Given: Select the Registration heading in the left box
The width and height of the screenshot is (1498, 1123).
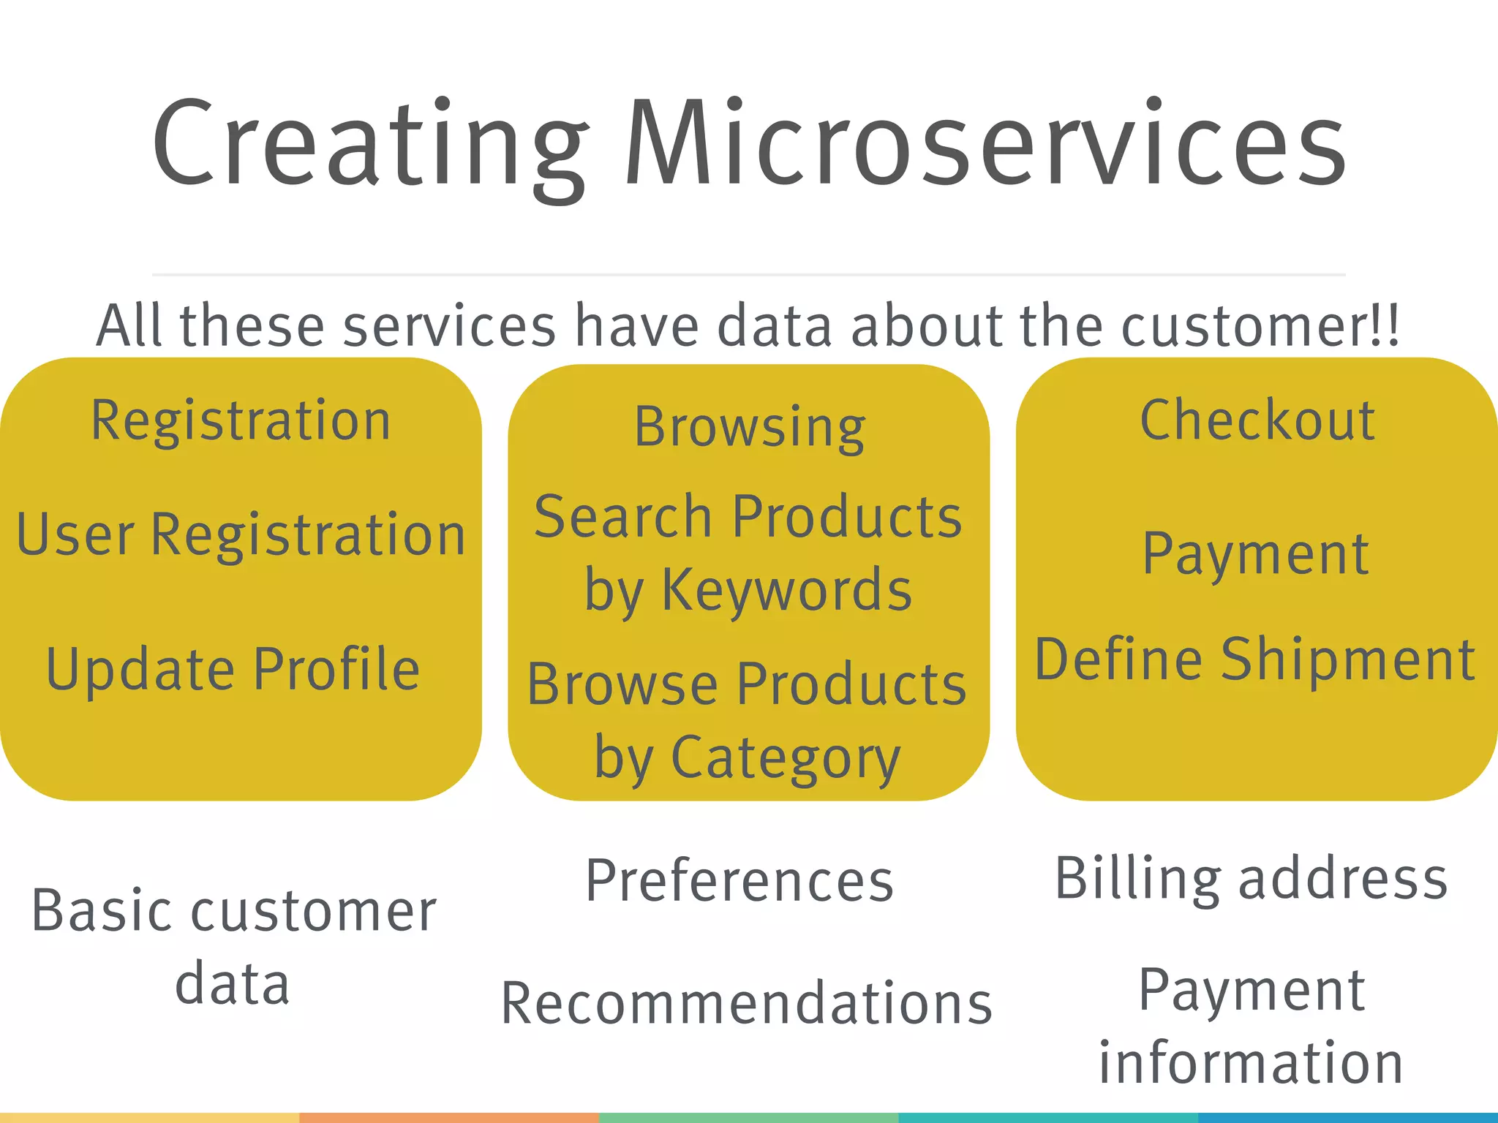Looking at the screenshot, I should [x=241, y=422].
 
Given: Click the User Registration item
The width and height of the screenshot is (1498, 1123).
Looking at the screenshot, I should [x=241, y=535].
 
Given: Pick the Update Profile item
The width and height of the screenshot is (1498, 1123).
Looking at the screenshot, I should [x=233, y=669].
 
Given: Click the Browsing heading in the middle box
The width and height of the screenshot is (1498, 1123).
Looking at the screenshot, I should [x=750, y=428].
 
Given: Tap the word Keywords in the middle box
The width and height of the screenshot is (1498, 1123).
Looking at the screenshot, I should [x=786, y=591].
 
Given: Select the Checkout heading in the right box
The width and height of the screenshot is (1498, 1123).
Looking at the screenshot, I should [x=1257, y=421].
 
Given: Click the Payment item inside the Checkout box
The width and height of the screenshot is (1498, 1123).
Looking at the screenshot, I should [x=1255, y=554].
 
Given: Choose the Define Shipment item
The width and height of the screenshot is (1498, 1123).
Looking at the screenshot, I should [x=1255, y=660].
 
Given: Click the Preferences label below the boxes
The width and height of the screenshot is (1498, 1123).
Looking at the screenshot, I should [x=739, y=881].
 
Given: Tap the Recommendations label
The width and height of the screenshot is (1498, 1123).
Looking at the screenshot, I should [x=746, y=1004].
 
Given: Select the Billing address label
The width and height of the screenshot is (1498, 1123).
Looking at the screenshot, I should [x=1251, y=879].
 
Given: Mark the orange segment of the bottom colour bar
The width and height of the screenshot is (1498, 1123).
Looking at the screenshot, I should [x=449, y=1118].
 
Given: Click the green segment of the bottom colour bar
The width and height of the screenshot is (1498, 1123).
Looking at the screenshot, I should [x=748, y=1118].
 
